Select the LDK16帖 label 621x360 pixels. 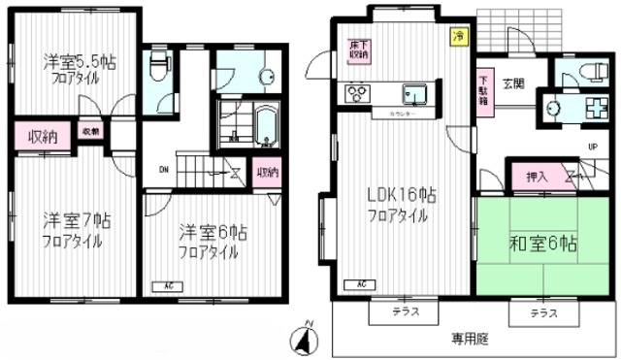401,197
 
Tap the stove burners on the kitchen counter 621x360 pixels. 356,94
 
